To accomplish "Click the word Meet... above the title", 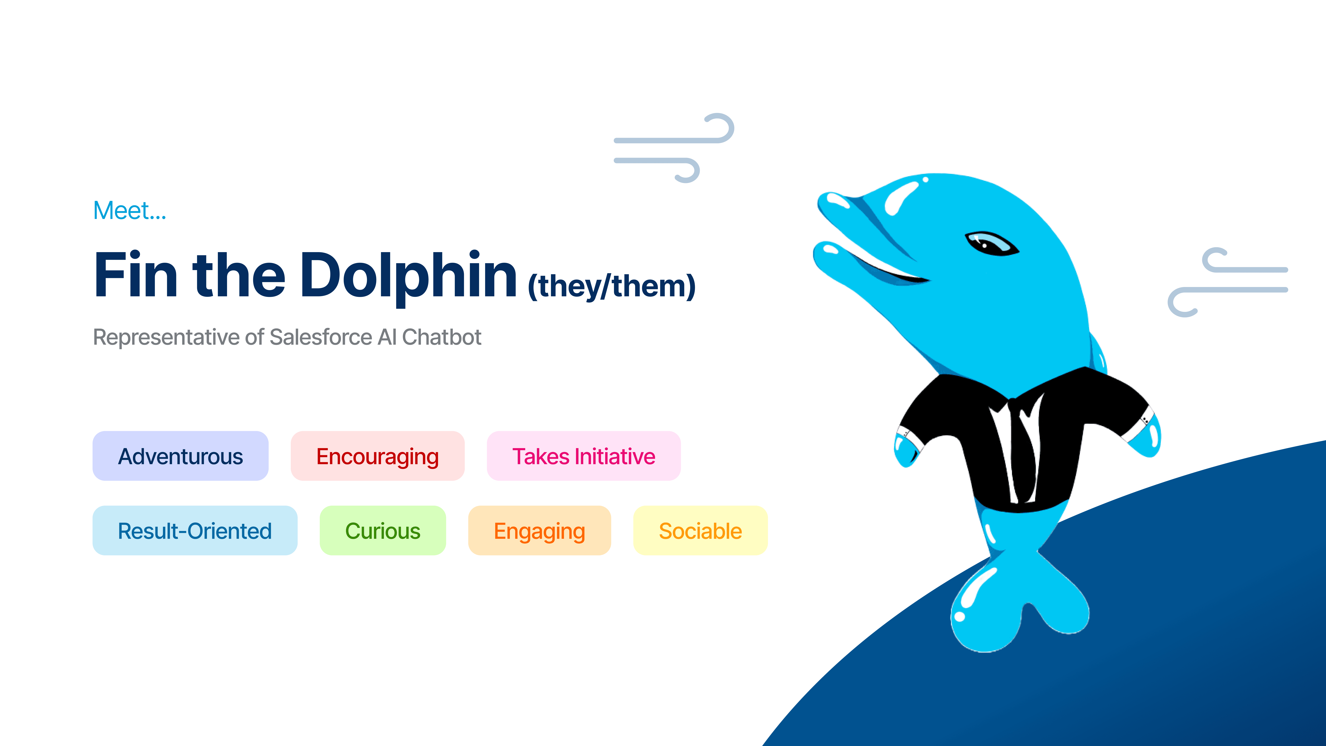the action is [130, 211].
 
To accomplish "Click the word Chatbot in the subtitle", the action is [442, 337].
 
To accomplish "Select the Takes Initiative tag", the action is [584, 456].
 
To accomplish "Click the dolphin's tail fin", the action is [1017, 602].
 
